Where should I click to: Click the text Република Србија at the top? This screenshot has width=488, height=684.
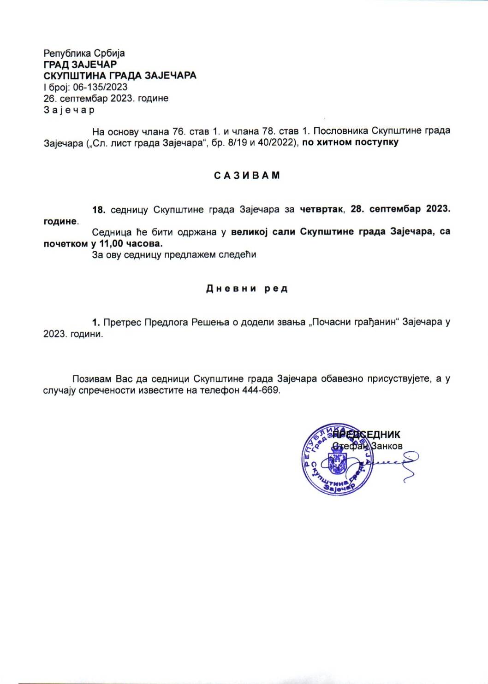click(84, 53)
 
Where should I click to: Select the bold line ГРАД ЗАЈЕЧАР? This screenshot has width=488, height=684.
click(80, 65)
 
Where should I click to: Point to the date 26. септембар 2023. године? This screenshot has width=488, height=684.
click(106, 98)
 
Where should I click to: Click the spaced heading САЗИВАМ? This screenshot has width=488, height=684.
click(247, 176)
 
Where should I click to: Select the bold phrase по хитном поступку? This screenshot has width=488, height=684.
click(350, 142)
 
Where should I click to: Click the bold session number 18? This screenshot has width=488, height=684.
click(99, 210)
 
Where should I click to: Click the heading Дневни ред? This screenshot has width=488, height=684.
click(247, 289)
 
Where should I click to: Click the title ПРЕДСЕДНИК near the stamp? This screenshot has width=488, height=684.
click(367, 434)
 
